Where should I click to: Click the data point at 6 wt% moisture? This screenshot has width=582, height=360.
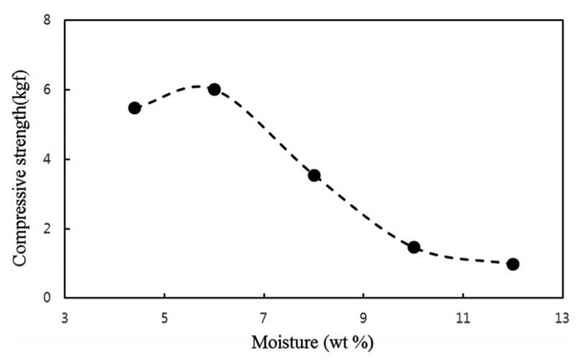pyautogui.click(x=214, y=90)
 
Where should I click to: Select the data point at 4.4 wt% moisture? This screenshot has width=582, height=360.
pyautogui.click(x=134, y=108)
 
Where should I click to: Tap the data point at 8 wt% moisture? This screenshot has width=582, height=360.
pyautogui.click(x=314, y=175)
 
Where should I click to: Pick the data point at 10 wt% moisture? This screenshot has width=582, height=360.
pyautogui.click(x=414, y=247)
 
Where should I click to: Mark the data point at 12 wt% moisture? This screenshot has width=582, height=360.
pyautogui.click(x=513, y=264)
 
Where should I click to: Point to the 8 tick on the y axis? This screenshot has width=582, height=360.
pyautogui.click(x=47, y=20)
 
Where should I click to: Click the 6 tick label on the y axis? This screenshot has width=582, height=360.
pyautogui.click(x=47, y=90)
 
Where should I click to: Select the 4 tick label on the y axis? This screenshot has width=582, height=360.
pyautogui.click(x=47, y=160)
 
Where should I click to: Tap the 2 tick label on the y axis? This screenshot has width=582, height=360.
pyautogui.click(x=47, y=229)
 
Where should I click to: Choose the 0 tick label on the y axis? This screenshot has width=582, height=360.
pyautogui.click(x=47, y=298)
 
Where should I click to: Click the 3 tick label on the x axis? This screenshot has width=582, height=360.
pyautogui.click(x=65, y=315)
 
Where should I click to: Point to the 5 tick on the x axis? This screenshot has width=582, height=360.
pyautogui.click(x=165, y=315)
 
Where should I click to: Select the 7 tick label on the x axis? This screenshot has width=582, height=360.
pyautogui.click(x=264, y=315)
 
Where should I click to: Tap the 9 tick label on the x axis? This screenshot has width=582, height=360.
pyautogui.click(x=364, y=315)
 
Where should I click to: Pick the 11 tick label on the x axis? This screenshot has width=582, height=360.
pyautogui.click(x=463, y=315)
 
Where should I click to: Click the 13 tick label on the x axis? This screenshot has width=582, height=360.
pyautogui.click(x=562, y=315)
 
